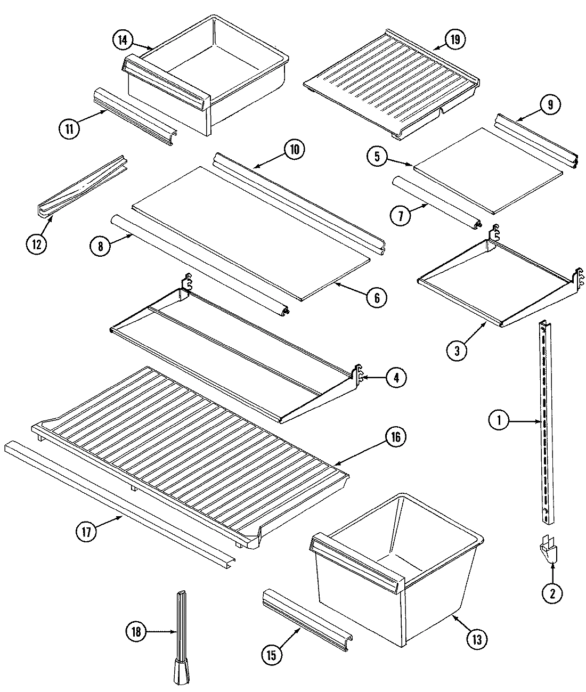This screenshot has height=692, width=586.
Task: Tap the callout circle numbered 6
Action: pos(377,297)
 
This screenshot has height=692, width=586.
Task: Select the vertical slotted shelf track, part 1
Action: pos(544,426)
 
